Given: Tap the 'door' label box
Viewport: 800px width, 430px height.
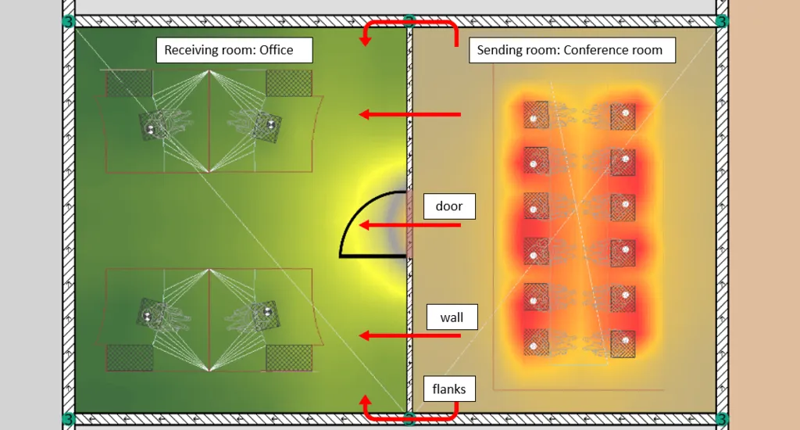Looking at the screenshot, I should (x=449, y=206).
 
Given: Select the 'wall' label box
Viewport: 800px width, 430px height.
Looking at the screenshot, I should (x=452, y=317).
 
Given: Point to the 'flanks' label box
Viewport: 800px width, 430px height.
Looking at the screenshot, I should (x=449, y=388).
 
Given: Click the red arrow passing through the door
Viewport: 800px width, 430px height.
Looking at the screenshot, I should (x=409, y=225).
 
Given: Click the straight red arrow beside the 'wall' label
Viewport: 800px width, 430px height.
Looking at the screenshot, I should (x=409, y=335).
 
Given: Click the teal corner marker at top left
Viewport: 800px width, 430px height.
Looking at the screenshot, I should (x=68, y=20).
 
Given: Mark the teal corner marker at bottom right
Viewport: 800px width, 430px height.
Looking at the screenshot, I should (x=722, y=419).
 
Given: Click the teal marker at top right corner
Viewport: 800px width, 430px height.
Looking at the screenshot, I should (x=722, y=20).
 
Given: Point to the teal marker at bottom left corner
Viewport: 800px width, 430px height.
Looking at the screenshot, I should (x=68, y=419).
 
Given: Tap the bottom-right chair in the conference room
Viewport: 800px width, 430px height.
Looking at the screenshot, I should (x=623, y=342).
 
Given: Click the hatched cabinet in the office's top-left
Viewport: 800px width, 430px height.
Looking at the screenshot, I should (x=128, y=84).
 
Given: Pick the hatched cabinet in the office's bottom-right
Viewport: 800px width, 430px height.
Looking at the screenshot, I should (x=288, y=357).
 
